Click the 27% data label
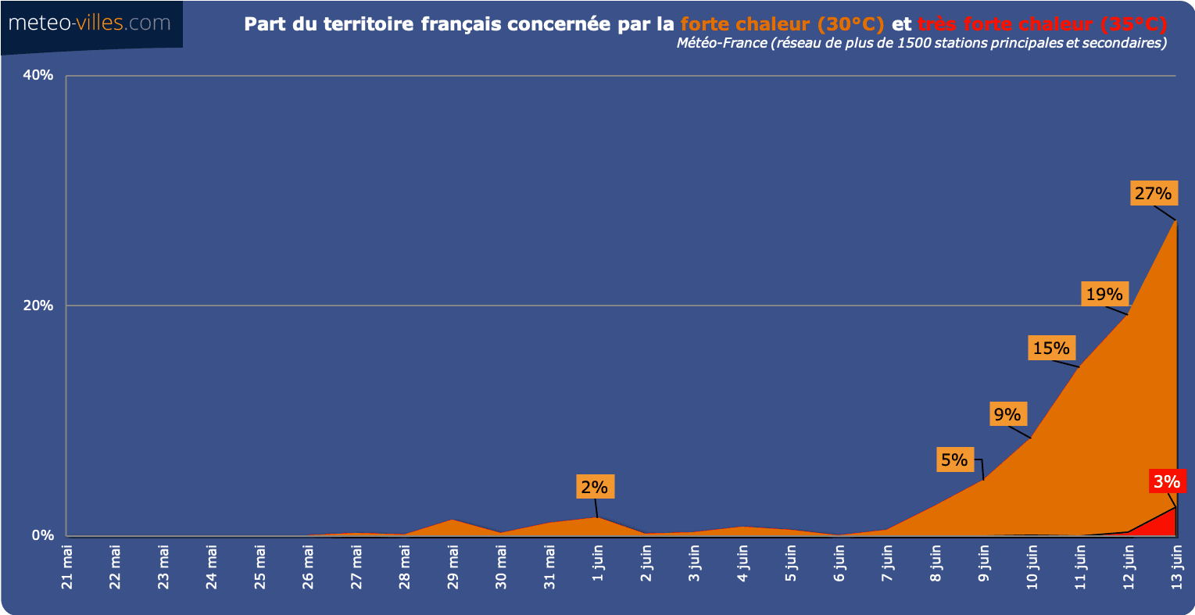point(1153,193)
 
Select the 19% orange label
point(1104,294)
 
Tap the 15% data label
point(1051,349)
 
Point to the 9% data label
point(1007,414)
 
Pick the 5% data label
point(954,459)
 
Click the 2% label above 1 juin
point(594,487)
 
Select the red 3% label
point(1167,481)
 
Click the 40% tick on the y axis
point(38,76)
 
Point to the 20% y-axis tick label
point(38,306)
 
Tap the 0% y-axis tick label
point(42,535)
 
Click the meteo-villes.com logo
point(89,23)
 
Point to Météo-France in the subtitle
point(721,43)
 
